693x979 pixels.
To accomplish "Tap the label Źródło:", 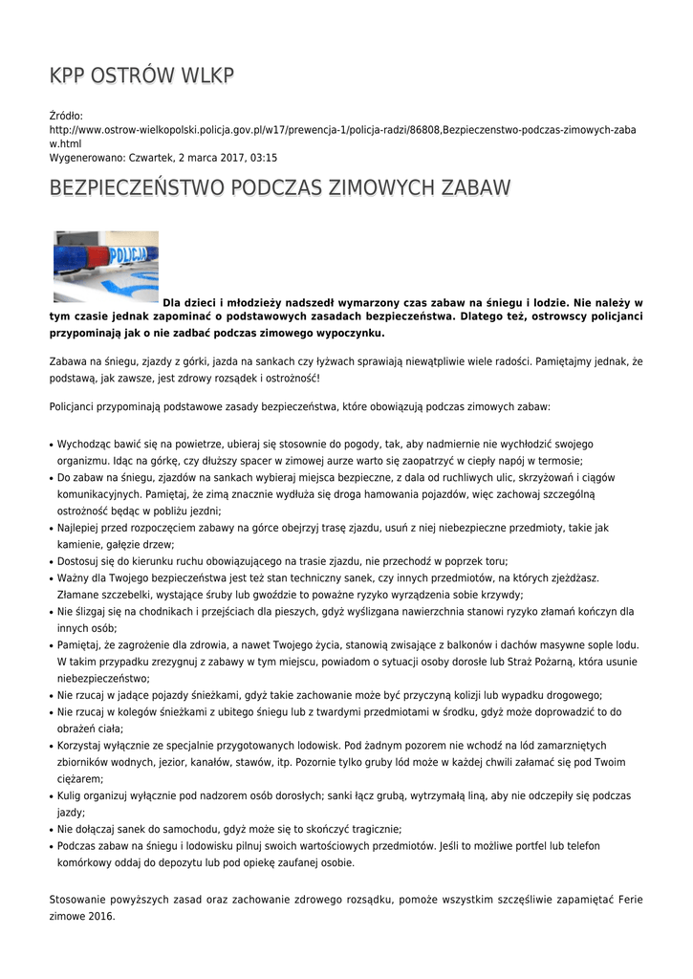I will pos(66,115).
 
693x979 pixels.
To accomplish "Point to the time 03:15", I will pos(264,157).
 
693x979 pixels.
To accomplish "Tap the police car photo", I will pos(105,266).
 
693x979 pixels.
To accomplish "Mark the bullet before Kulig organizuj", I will pos(51,796).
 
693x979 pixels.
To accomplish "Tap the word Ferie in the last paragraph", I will pos(630,900).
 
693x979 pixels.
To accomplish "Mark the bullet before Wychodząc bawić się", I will pos(51,445).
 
